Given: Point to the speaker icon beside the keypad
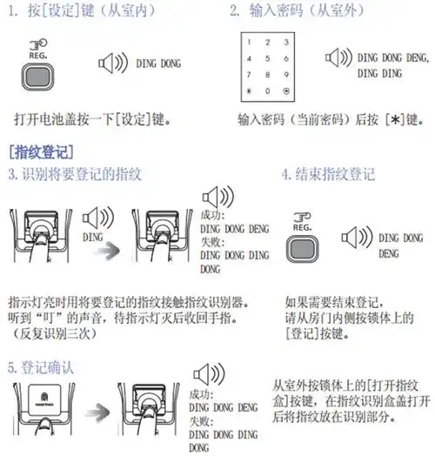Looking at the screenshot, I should (336, 61).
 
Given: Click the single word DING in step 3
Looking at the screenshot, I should (91, 235).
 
